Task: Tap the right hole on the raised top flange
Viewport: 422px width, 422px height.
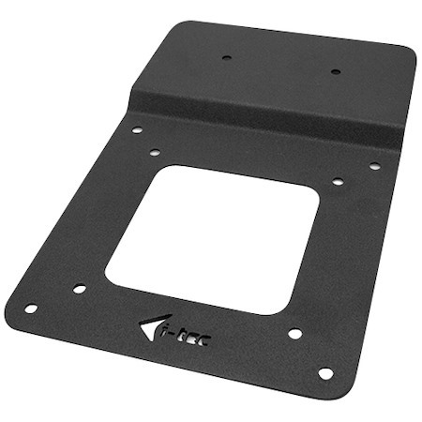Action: click(x=334, y=72)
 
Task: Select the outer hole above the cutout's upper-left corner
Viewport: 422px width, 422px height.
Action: click(x=137, y=130)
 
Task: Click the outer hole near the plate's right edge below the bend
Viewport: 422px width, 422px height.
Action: click(x=374, y=166)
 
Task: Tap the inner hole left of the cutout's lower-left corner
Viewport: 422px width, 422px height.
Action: click(x=79, y=289)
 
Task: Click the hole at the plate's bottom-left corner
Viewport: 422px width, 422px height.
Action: click(x=31, y=309)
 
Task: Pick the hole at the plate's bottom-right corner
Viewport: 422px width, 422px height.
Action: click(x=325, y=373)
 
